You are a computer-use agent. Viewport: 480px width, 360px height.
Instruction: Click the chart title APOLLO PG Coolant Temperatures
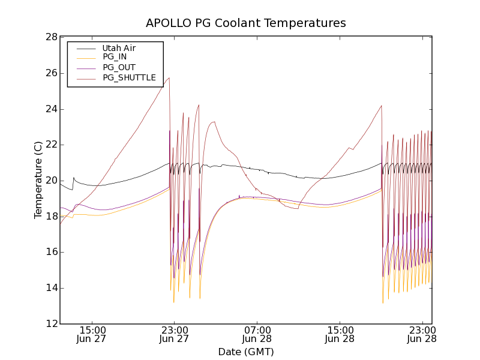pos(246,23)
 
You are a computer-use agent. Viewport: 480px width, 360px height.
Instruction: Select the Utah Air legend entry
pos(119,48)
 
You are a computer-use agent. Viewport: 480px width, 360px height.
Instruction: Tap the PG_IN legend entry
pos(115,57)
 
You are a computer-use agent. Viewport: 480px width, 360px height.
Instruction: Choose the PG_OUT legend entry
pos(119,67)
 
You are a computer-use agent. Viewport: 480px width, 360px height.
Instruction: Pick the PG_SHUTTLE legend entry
pos(129,77)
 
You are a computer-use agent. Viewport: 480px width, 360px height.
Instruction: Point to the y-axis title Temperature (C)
pos(38,180)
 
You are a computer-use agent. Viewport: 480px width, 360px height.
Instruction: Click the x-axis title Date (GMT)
pos(246,352)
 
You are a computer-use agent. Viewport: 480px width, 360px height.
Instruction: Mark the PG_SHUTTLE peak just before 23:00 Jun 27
pos(169,77)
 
